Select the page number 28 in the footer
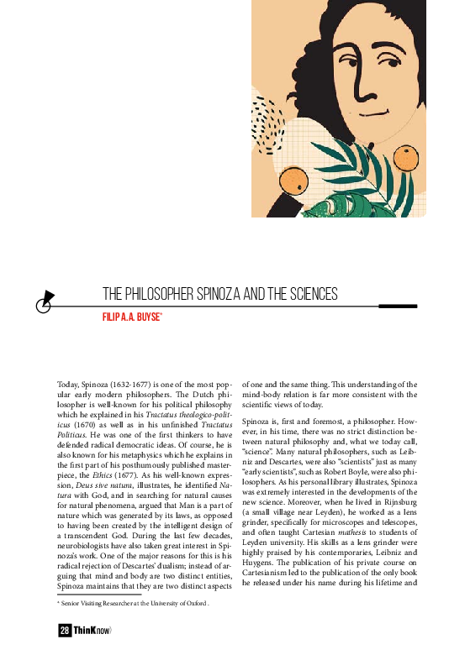tap(65, 631)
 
